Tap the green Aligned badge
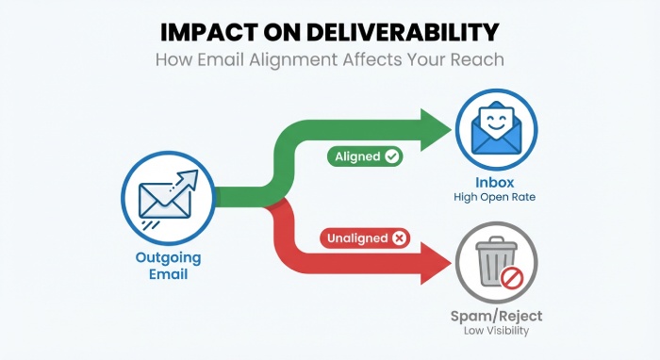pyautogui.click(x=365, y=156)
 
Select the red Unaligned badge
pyautogui.click(x=364, y=238)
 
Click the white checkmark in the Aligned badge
pyautogui.click(x=391, y=156)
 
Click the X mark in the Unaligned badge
pyautogui.click(x=399, y=238)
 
